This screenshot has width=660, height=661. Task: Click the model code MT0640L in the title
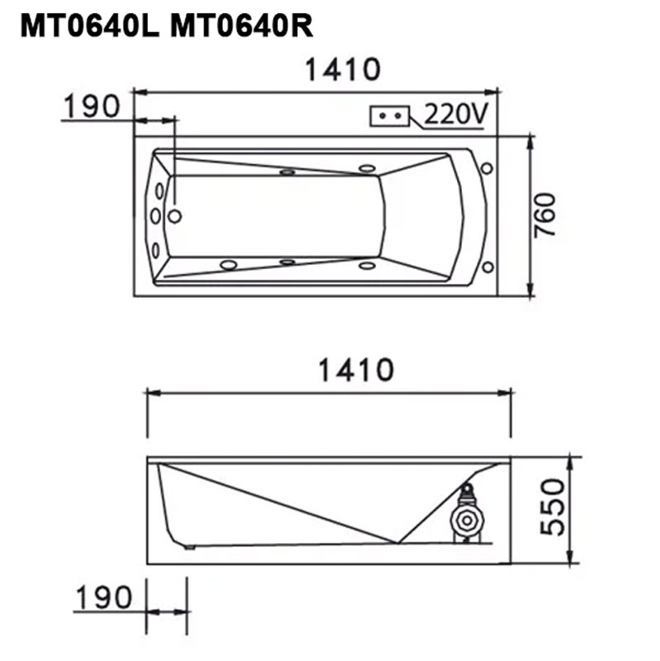click(90, 26)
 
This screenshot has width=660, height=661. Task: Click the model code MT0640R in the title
click(242, 26)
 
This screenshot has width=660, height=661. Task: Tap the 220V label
click(456, 114)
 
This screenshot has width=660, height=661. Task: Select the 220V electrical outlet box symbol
click(390, 116)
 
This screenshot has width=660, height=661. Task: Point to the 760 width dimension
click(545, 215)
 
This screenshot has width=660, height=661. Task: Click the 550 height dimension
click(553, 507)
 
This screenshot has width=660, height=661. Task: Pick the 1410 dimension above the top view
click(342, 69)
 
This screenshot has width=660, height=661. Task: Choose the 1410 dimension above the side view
click(356, 371)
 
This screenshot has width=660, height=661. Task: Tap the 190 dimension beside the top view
click(92, 106)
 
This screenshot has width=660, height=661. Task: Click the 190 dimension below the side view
click(104, 597)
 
